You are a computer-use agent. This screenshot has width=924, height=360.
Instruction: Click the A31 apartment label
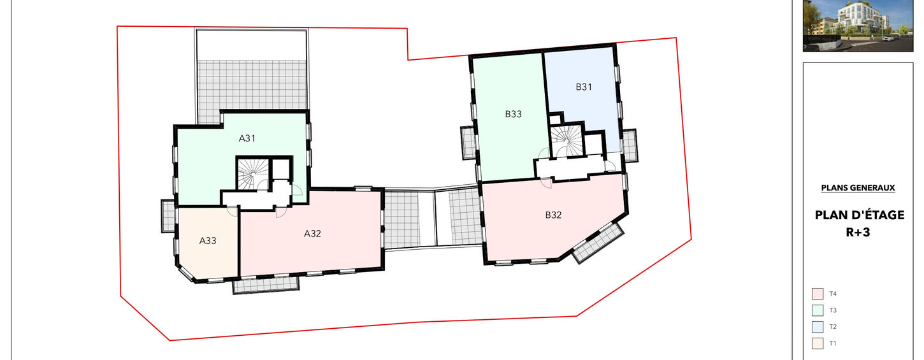tap(247, 138)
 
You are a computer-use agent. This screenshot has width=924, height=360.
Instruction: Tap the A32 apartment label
tap(312, 234)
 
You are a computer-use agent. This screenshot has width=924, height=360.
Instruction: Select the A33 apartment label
tap(208, 241)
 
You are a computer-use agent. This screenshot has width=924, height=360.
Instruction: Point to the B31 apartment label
tap(584, 87)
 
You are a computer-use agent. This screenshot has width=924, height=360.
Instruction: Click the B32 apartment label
tap(553, 215)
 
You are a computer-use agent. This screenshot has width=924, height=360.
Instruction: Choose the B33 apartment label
tap(513, 114)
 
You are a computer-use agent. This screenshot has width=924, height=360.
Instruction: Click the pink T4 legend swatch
tap(818, 294)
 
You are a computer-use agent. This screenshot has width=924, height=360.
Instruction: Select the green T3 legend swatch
tap(818, 310)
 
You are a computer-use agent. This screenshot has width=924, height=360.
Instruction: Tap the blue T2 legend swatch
tap(818, 327)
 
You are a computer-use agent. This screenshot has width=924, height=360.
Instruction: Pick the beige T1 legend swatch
tap(818, 343)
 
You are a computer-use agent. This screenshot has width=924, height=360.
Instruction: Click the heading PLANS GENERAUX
tap(858, 188)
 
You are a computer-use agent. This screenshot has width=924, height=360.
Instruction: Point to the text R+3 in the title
tap(858, 233)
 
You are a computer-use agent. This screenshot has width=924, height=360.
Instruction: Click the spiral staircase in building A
tap(252, 174)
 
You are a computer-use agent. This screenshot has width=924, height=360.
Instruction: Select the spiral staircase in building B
tap(567, 141)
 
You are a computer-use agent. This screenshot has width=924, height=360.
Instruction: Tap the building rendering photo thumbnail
tap(858, 25)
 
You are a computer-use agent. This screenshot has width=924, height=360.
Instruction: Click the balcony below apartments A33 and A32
tap(266, 285)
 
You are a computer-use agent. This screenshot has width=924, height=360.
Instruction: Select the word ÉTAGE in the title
tap(881, 215)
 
